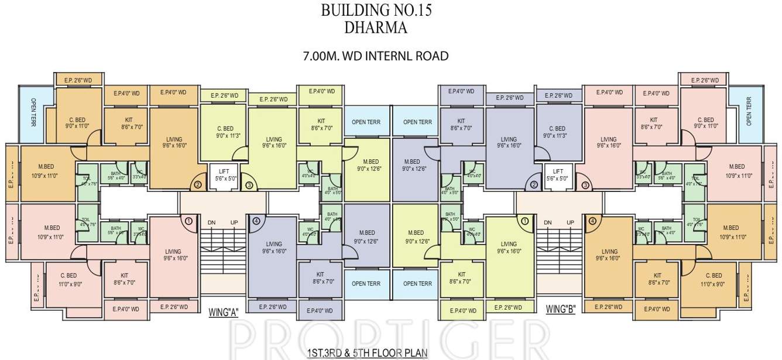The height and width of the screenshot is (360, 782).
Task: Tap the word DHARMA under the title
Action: pyautogui.click(x=376, y=28)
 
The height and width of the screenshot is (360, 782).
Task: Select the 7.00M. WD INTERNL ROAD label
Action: pyautogui.click(x=375, y=56)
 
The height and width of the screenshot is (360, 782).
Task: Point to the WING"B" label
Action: pyautogui.click(x=560, y=309)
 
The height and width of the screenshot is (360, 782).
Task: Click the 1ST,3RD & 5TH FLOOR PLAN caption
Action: pyautogui.click(x=367, y=353)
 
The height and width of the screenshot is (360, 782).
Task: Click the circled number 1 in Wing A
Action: pyautogui.click(x=188, y=221)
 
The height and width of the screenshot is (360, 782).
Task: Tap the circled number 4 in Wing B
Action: pyautogui.click(x=592, y=221)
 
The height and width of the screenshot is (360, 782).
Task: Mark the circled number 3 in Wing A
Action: pyautogui.click(x=249, y=186)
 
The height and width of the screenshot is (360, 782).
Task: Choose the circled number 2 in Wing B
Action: pyautogui.click(x=534, y=186)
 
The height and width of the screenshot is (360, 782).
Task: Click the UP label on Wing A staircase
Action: pyautogui.click(x=234, y=223)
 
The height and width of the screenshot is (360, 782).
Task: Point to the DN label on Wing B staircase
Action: pyautogui.click(x=548, y=223)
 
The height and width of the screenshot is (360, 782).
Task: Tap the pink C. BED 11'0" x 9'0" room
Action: pyautogui.click(x=68, y=279)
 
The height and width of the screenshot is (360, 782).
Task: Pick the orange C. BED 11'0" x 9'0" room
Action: pyautogui.click(x=714, y=279)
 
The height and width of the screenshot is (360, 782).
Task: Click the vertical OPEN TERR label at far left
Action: pyautogui.click(x=33, y=112)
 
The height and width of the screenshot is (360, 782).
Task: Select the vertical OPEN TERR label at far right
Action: pyautogui.click(x=749, y=112)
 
